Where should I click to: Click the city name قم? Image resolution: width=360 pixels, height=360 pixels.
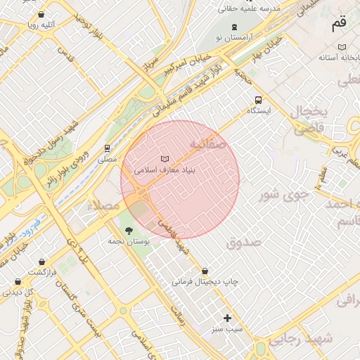point(339,23)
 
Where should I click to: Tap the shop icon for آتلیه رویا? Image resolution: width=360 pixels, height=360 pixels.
point(41,14)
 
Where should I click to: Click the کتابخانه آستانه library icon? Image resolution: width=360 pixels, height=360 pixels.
point(342,47)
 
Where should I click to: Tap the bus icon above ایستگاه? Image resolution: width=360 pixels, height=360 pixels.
point(258,100)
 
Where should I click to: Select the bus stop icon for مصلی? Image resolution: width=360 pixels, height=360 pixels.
point(107,148)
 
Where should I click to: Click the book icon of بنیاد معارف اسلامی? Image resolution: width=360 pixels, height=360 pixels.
point(165,159)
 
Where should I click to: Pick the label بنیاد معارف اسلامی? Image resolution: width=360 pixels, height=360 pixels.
point(165,170)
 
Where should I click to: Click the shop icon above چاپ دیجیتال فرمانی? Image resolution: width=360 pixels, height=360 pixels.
point(205,271)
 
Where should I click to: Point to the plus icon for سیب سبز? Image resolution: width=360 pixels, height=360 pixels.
point(226,318)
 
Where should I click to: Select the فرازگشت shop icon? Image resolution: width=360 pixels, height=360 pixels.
point(41,262)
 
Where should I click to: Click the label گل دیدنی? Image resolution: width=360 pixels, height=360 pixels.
point(19,292)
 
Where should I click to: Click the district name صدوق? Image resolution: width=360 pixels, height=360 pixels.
point(243,242)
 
